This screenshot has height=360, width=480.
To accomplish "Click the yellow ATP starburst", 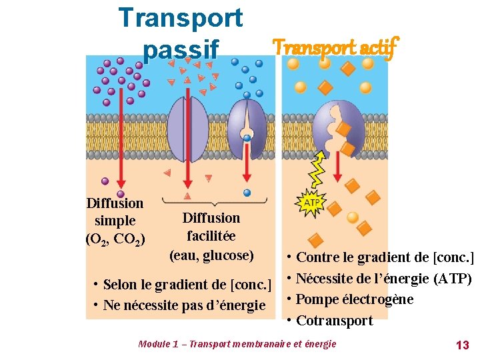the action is pyautogui.click(x=311, y=203).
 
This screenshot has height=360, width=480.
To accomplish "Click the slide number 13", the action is pyautogui.click(x=462, y=345).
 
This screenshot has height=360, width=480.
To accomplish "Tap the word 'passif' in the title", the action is pyautogui.click(x=180, y=49).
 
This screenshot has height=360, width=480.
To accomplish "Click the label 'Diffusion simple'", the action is pyautogui.click(x=115, y=211).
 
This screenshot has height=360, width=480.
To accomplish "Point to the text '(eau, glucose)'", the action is pyautogui.click(x=211, y=255).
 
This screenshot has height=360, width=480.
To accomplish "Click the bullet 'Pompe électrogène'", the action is pyautogui.click(x=354, y=299).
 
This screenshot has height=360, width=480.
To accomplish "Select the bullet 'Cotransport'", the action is pyautogui.click(x=334, y=321).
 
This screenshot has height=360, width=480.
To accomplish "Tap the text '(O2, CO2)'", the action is pyautogui.click(x=115, y=238).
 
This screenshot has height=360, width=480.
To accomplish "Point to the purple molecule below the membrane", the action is pyautogui.click(x=105, y=181).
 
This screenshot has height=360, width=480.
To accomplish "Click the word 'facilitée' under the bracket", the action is pyautogui.click(x=211, y=236).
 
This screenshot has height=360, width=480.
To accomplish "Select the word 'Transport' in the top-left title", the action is pyautogui.click(x=180, y=18).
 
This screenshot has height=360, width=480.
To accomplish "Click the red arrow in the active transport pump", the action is pyautogui.click(x=338, y=169).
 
